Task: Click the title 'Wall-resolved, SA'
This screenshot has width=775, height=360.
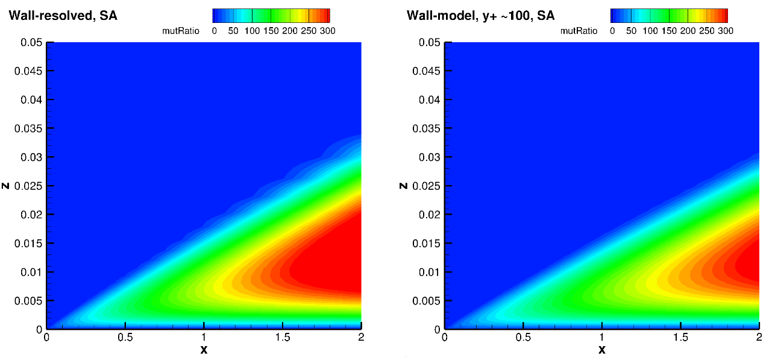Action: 63,16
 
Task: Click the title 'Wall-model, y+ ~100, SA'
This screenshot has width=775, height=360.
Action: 480,16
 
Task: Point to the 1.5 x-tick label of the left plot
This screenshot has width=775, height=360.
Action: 283,338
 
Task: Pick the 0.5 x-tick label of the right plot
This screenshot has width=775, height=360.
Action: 523,338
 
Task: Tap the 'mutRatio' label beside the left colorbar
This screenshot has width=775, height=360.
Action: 181,31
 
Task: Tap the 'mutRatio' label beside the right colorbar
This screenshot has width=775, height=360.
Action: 579,31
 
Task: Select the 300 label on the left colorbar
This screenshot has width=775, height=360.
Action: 327,31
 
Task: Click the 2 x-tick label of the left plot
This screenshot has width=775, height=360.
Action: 361,338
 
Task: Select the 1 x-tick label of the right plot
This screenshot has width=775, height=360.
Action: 602,338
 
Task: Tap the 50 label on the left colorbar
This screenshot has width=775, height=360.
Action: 233,31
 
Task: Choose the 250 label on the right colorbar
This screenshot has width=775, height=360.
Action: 706,31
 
